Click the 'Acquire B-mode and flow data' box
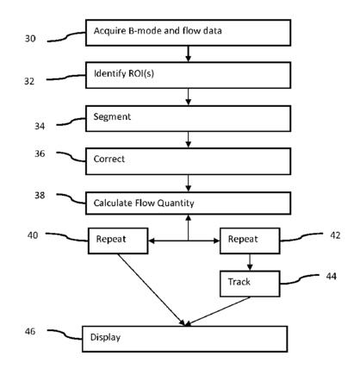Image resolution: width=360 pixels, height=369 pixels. pyautogui.click(x=188, y=33)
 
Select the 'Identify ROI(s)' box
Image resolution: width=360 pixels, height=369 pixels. pyautogui.click(x=188, y=75)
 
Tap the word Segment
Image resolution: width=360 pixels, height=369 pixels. pyautogui.click(x=112, y=117)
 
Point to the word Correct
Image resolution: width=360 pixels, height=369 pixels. pyautogui.click(x=109, y=159)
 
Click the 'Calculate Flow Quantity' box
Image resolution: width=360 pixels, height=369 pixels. pyautogui.click(x=188, y=203)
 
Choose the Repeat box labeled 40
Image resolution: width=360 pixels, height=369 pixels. pyautogui.click(x=118, y=241)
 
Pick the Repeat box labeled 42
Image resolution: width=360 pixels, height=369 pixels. pyautogui.click(x=250, y=241)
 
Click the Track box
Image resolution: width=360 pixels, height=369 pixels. pyautogui.click(x=250, y=284)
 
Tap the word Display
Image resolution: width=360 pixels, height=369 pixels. pyautogui.click(x=105, y=337)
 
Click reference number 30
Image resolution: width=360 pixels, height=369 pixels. pyautogui.click(x=30, y=39)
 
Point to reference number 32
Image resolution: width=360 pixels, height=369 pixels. pyautogui.click(x=29, y=81)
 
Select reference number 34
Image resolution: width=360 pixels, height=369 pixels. pyautogui.click(x=40, y=126)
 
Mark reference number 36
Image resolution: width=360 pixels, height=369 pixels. pyautogui.click(x=40, y=153)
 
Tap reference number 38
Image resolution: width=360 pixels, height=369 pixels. pyautogui.click(x=40, y=196)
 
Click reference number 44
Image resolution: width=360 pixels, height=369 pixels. pyautogui.click(x=332, y=276)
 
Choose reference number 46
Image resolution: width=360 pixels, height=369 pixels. pyautogui.click(x=30, y=331)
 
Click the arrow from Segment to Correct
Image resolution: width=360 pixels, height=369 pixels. pyautogui.click(x=189, y=140)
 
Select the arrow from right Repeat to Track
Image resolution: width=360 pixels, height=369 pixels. pyautogui.click(x=250, y=262)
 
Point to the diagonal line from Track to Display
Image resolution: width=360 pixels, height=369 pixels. pyautogui.click(x=217, y=311)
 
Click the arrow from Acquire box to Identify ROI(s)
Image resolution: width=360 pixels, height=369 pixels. pyautogui.click(x=189, y=54)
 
